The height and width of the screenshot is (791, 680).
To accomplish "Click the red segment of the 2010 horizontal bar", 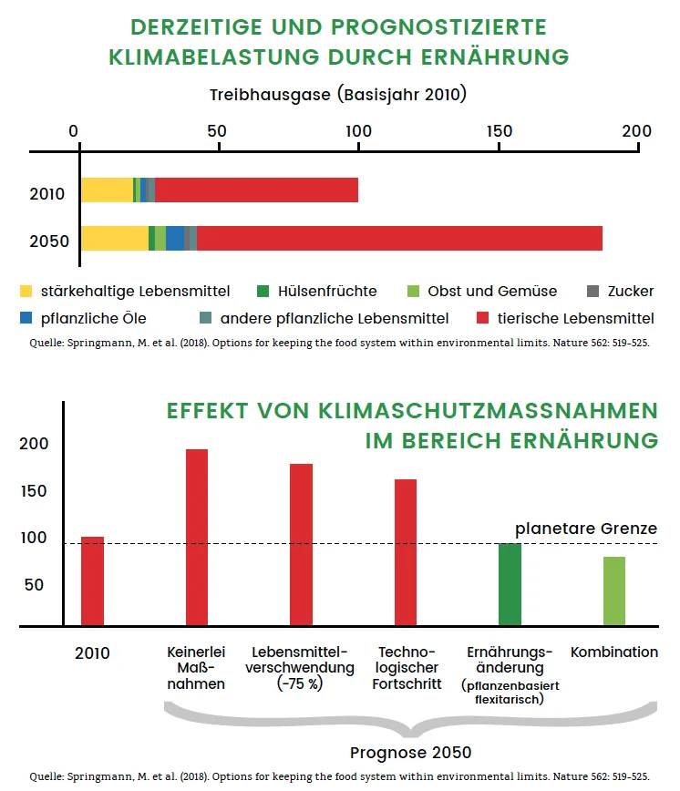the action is (x=256, y=190).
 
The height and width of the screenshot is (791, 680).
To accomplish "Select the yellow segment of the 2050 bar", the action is (x=115, y=238).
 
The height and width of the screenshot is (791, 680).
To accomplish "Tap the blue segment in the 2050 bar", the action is (x=175, y=238).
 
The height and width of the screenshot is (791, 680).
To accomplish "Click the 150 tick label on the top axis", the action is (x=499, y=131).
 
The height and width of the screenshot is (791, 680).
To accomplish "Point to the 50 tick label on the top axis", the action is (x=217, y=131).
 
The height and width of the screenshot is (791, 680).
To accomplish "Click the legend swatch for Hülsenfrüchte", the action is (x=263, y=291).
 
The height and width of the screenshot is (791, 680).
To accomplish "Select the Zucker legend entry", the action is (x=621, y=291).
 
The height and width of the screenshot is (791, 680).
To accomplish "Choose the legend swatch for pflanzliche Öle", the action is (x=26, y=318).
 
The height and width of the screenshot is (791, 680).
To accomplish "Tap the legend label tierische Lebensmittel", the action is (x=575, y=318).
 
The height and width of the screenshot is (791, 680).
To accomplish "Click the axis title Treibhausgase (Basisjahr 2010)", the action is (x=338, y=95).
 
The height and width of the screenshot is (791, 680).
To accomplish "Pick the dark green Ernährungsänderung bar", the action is (x=510, y=584).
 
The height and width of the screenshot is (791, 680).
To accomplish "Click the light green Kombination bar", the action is (x=614, y=591).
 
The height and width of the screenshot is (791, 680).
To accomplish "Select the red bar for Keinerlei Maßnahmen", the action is (x=197, y=538).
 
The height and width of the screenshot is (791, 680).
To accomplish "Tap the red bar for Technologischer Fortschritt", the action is (x=406, y=552).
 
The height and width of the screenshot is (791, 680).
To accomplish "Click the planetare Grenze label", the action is (x=586, y=529).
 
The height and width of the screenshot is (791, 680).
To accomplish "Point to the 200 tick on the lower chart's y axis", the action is (x=34, y=444).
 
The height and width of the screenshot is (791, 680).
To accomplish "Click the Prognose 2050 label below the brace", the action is (x=410, y=752).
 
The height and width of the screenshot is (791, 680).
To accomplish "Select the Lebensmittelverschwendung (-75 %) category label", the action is (x=300, y=667).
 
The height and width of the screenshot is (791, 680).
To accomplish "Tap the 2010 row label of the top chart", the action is (x=46, y=194).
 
